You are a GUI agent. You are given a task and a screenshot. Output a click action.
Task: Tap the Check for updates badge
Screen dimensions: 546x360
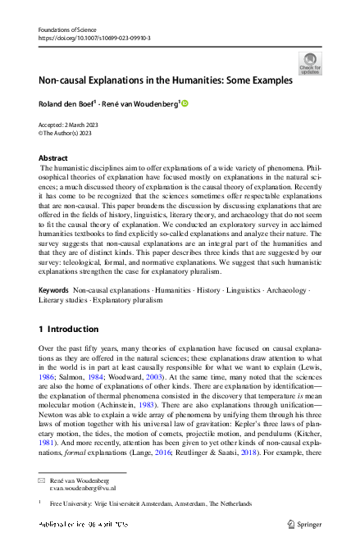coord(310,63)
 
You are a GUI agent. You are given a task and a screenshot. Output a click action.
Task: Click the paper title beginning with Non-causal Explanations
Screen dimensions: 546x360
coord(166,80)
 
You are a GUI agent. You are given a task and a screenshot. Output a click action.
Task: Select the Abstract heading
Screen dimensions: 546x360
coord(53,157)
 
